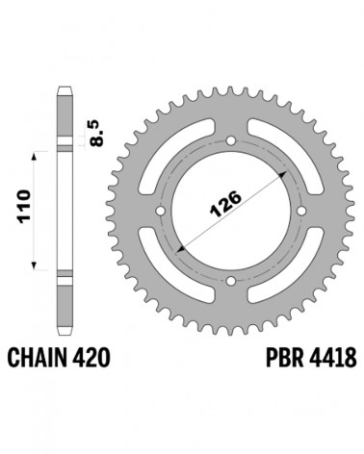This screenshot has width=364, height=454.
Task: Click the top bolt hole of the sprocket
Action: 230,140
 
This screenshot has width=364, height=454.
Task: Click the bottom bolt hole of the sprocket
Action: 230,281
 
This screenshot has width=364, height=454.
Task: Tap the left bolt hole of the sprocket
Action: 160,211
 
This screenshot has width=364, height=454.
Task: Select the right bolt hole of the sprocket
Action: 301,211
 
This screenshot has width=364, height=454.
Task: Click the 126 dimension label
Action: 225,204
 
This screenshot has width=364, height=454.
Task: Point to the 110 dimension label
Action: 24,207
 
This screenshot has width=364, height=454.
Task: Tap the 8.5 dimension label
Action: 96,134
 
